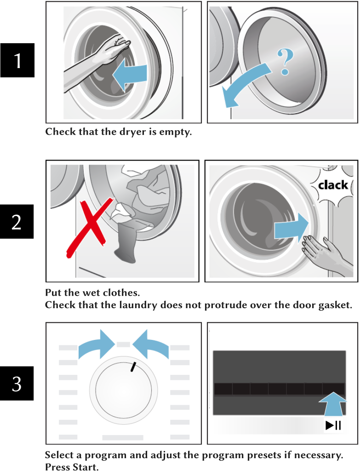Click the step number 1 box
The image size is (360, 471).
[x=17, y=60]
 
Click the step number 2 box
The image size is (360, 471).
[x=17, y=222]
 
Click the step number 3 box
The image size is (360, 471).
[x=17, y=383]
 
